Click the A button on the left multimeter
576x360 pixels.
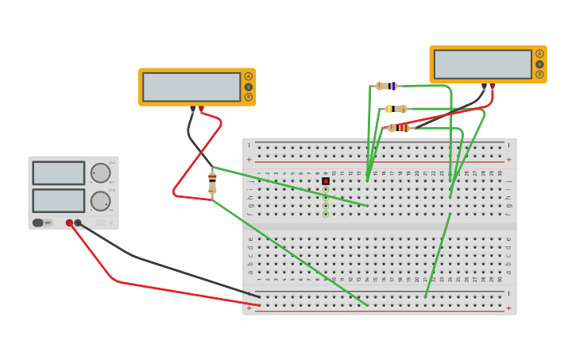pyautogui.click(x=248, y=76)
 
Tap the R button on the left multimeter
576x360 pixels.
pyautogui.click(x=248, y=97)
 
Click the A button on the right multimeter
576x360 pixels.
pyautogui.click(x=539, y=54)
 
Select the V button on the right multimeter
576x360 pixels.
pyautogui.click(x=539, y=64)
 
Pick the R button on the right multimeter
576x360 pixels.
pyautogui.click(x=539, y=75)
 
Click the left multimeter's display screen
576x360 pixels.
pyautogui.click(x=191, y=87)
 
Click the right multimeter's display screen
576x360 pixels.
pyautogui.click(x=482, y=64)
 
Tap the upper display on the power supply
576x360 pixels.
pyautogui.click(x=59, y=173)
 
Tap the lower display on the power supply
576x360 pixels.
pyautogui.click(x=59, y=200)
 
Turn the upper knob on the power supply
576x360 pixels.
pyautogui.click(x=100, y=173)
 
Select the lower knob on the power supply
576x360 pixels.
pyautogui.click(x=100, y=201)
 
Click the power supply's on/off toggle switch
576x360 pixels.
pyautogui.click(x=38, y=223)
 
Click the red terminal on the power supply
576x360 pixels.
pyautogui.click(x=69, y=223)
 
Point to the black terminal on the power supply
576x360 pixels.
pyautogui.click(x=78, y=223)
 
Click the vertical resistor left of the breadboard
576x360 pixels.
pyautogui.click(x=212, y=183)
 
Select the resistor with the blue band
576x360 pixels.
pyautogui.click(x=387, y=86)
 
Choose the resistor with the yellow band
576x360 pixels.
pyautogui.click(x=396, y=109)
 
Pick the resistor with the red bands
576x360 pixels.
pyautogui.click(x=398, y=128)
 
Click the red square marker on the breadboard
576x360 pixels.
pyautogui.click(x=326, y=181)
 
